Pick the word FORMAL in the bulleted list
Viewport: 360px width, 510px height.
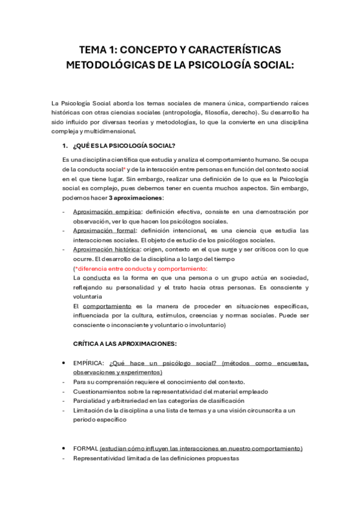(86, 449)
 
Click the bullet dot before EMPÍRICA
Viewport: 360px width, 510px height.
(64, 363)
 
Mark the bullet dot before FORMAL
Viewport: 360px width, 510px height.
(64, 449)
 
